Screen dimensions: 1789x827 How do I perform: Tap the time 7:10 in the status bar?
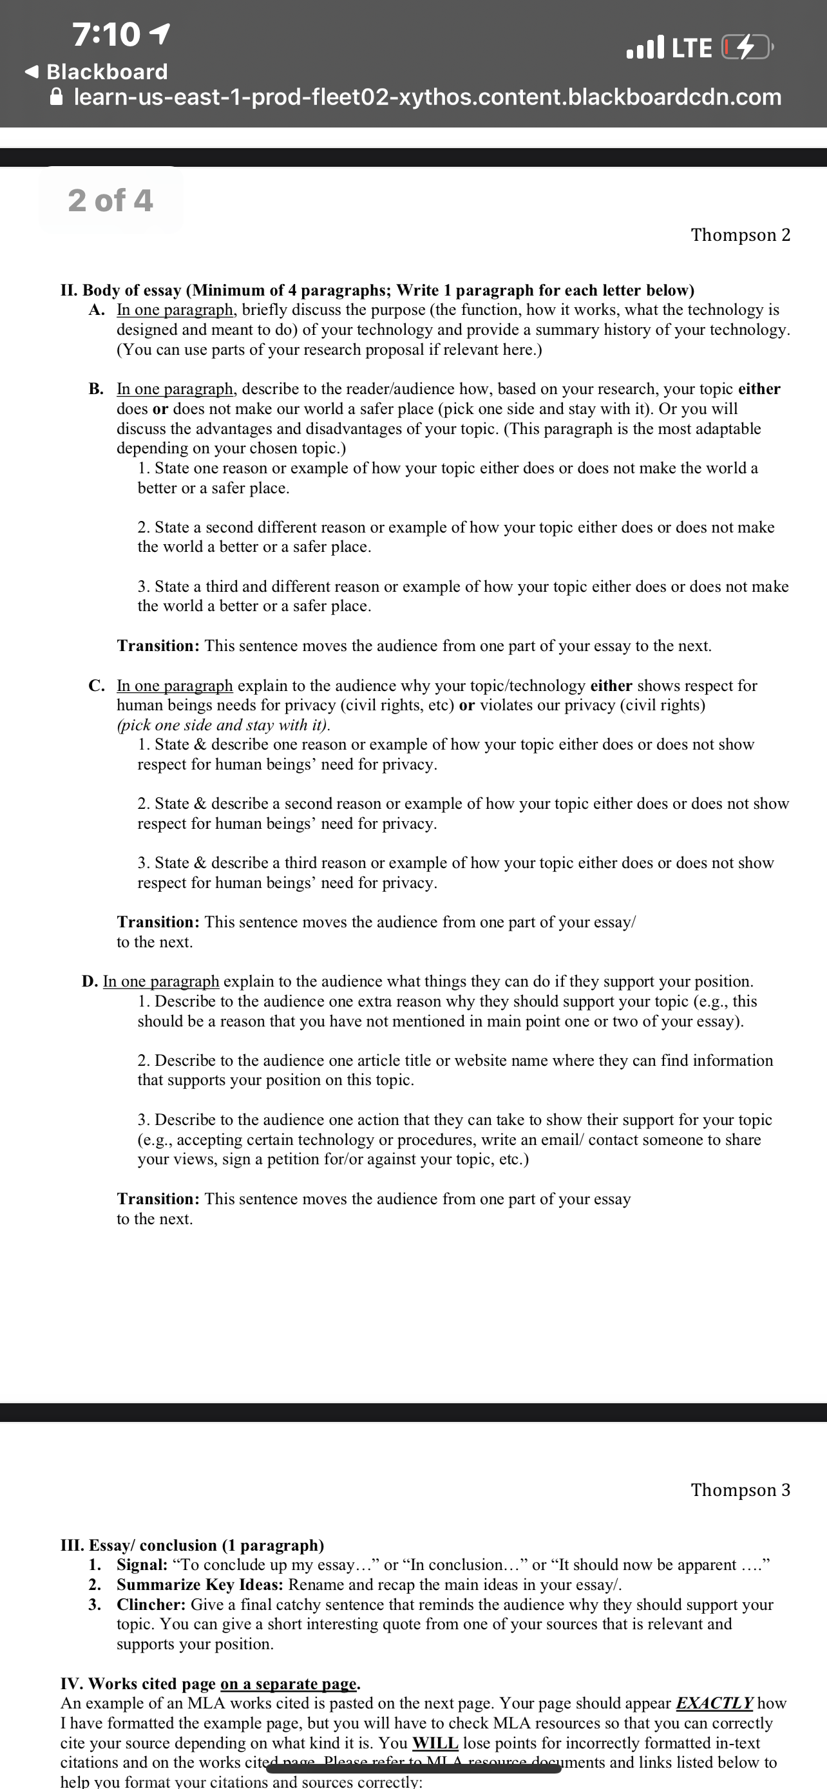tap(106, 35)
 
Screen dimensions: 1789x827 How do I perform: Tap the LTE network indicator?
tap(692, 48)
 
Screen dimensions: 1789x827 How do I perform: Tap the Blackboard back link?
tap(97, 71)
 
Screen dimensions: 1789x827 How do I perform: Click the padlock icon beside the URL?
tap(57, 97)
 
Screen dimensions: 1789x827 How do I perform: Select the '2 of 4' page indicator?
tap(110, 200)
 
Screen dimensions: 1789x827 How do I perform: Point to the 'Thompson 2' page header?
tap(740, 235)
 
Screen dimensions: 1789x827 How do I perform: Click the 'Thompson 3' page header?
tap(740, 1490)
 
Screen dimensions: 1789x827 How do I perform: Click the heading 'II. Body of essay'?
tap(122, 290)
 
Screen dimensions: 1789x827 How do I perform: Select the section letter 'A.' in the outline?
tap(97, 310)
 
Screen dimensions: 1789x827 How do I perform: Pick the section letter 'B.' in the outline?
tap(96, 389)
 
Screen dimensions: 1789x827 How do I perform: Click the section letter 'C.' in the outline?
tap(97, 686)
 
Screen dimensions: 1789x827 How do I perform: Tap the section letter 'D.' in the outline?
tap(90, 981)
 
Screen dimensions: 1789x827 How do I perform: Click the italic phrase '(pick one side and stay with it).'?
tap(223, 725)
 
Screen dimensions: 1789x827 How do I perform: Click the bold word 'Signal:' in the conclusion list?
tap(142, 1565)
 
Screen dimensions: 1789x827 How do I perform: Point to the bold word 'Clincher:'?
tap(151, 1605)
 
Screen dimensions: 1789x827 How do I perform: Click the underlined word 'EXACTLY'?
tap(714, 1703)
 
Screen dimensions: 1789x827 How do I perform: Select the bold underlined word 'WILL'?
tap(435, 1743)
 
